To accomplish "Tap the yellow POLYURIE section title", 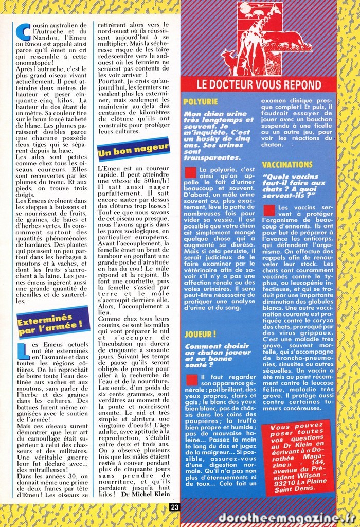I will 200,102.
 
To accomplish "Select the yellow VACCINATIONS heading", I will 287,165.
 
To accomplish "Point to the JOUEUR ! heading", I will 200,334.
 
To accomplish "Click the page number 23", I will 174,507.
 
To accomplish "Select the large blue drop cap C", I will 23,32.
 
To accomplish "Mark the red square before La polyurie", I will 190,172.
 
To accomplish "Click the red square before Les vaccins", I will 269,210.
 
